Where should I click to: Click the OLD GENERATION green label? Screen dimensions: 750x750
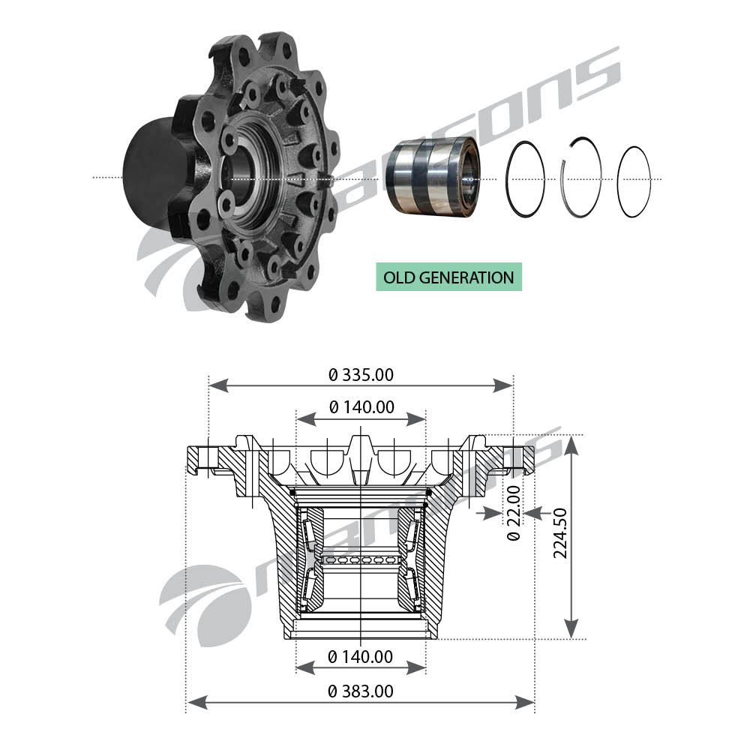click(x=448, y=277)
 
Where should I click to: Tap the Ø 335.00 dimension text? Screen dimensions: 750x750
click(x=361, y=375)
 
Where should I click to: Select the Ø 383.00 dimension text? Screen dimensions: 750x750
click(x=361, y=691)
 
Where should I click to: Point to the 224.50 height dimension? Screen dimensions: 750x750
click(x=560, y=532)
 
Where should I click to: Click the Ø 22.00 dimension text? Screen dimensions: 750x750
click(x=514, y=513)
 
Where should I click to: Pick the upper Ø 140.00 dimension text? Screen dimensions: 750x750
click(x=361, y=407)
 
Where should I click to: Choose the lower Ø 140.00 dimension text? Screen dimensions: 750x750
click(x=360, y=657)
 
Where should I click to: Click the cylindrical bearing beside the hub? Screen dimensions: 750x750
click(x=433, y=175)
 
